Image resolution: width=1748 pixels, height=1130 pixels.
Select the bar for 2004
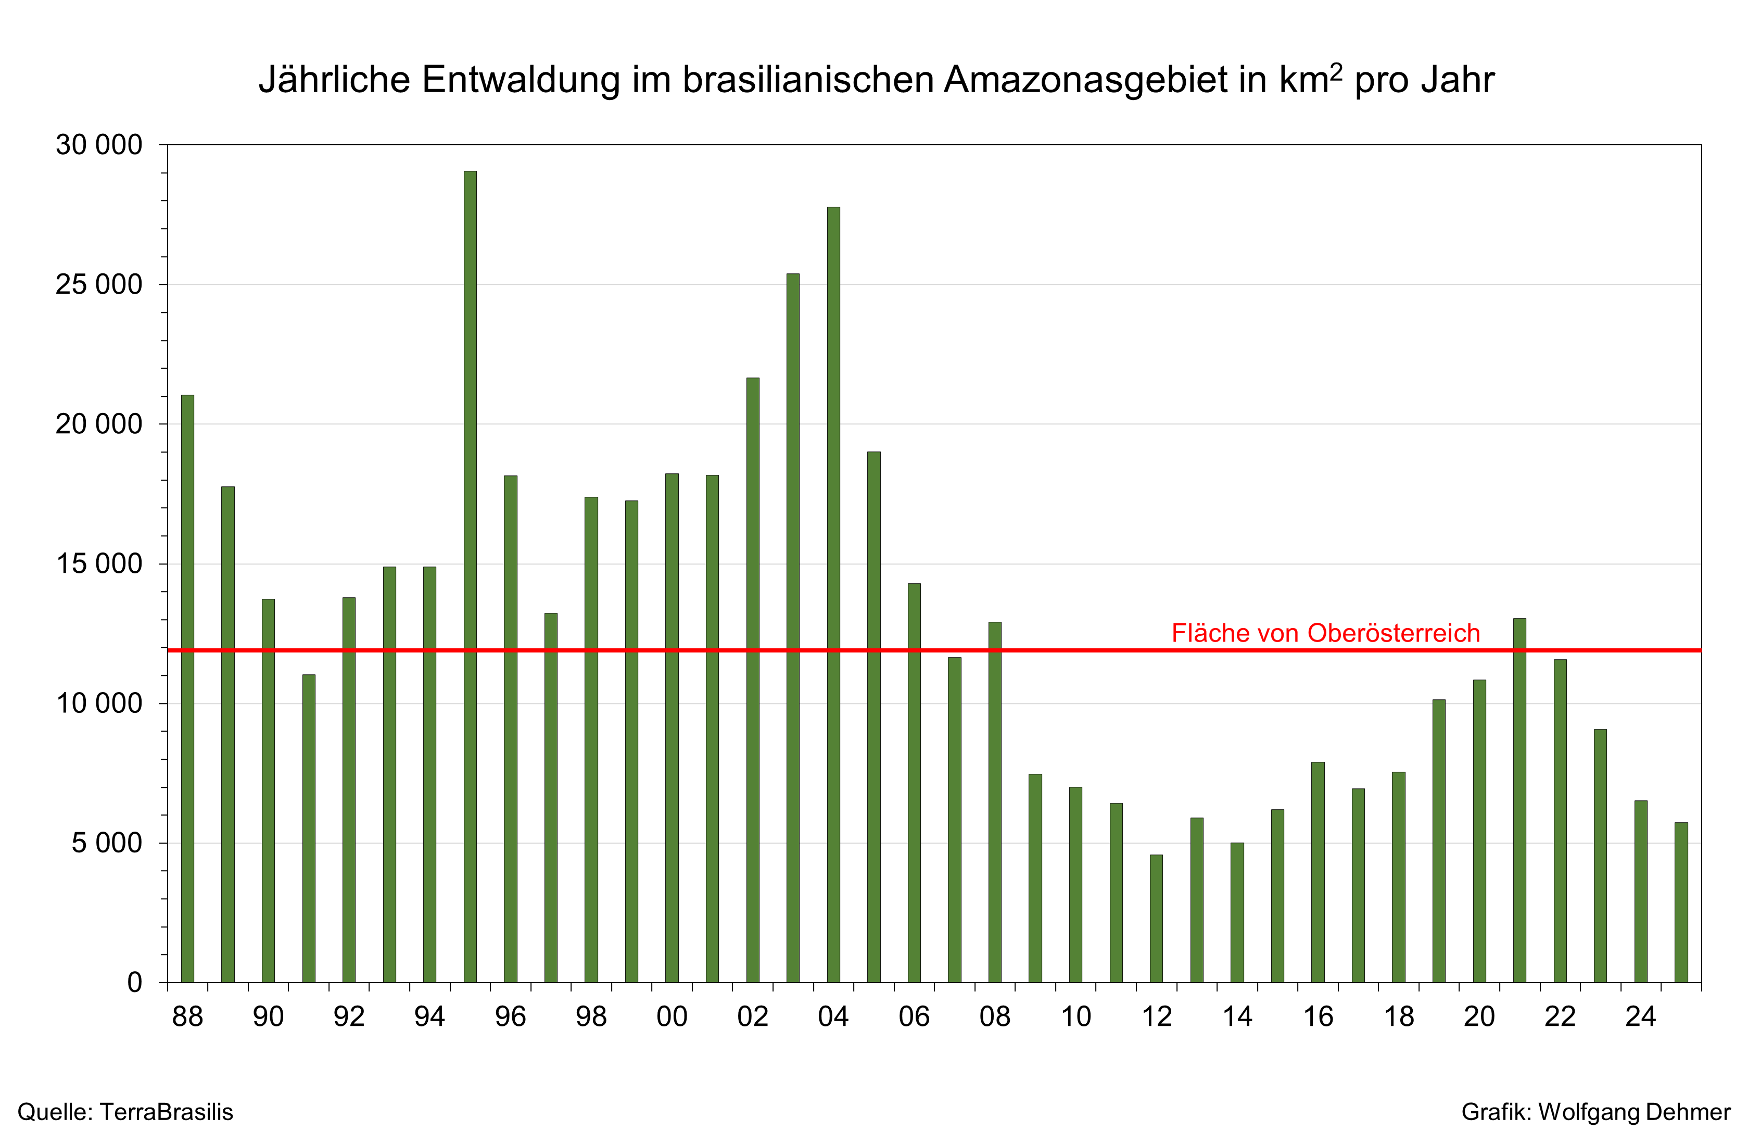click(833, 594)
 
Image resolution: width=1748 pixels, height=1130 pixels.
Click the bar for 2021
click(1519, 800)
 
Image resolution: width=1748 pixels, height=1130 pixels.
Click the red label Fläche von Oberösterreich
click(1325, 633)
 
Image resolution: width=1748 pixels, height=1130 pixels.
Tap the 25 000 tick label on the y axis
click(98, 285)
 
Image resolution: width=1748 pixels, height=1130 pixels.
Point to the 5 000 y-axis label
click(106, 843)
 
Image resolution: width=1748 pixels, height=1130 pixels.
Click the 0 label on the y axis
click(134, 983)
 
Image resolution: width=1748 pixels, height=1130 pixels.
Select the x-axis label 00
click(672, 1017)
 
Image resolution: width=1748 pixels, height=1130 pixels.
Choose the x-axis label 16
click(1318, 1017)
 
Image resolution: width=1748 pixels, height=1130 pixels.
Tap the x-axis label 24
click(1641, 1017)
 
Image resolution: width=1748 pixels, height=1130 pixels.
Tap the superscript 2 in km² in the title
click(1336, 72)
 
